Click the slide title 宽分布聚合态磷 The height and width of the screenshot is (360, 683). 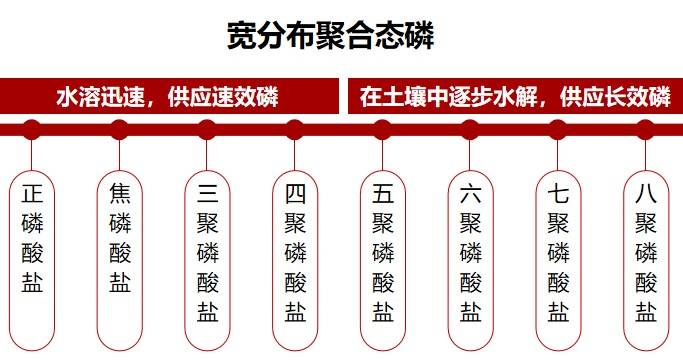(330, 37)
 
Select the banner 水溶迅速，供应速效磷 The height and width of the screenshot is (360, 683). (166, 97)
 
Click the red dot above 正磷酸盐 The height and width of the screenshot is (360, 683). (32, 129)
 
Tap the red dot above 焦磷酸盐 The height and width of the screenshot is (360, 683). (119, 129)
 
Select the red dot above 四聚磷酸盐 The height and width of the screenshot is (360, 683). (295, 129)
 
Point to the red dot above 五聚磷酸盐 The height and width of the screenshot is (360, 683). (382, 129)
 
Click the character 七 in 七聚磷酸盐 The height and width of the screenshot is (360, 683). (558, 194)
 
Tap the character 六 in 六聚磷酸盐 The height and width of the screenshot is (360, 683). (470, 194)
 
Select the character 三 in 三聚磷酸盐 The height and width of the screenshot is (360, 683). (207, 194)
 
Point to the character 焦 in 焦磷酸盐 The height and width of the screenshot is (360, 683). (119, 194)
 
